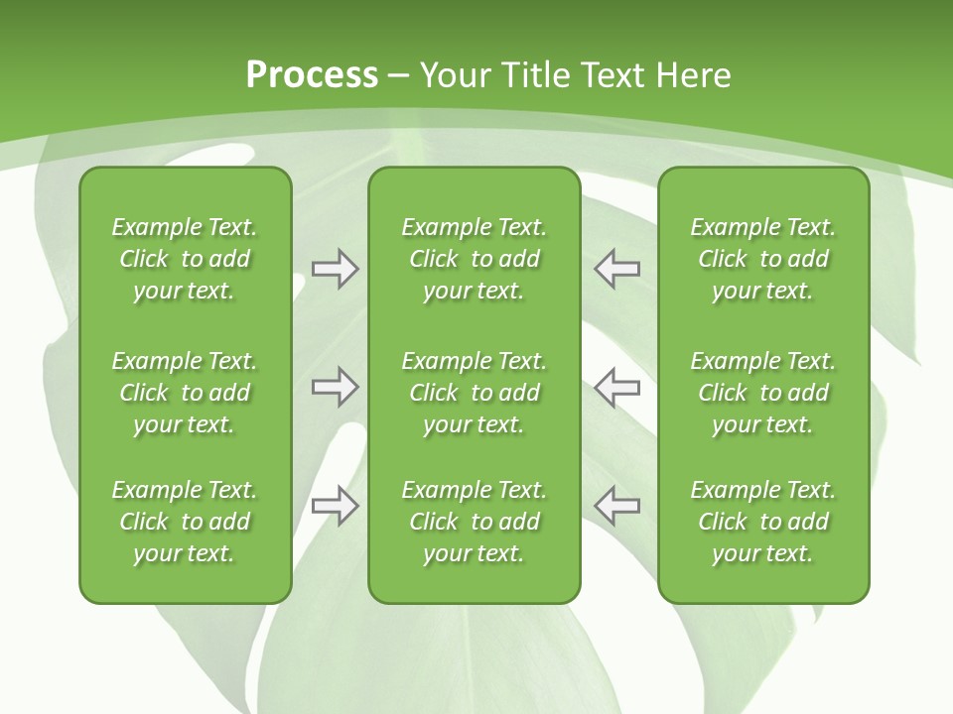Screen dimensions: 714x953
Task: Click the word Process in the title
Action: point(312,75)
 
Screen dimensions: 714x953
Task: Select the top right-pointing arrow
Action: point(335,269)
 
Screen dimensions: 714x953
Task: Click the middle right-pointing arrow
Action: point(335,387)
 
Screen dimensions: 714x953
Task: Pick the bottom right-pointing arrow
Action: point(335,506)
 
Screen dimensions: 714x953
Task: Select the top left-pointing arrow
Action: point(617,269)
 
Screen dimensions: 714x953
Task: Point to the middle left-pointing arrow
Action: point(617,387)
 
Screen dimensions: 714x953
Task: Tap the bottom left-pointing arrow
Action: point(617,506)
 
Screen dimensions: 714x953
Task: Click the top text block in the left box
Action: point(185,259)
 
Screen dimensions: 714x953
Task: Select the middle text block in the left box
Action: point(185,393)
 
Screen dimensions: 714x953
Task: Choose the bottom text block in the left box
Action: point(185,522)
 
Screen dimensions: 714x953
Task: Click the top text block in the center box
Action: point(474,259)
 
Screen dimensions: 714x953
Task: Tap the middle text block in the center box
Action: point(474,393)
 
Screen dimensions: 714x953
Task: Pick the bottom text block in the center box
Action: point(474,522)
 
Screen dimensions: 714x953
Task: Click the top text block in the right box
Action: point(763,259)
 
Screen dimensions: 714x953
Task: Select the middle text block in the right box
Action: point(763,393)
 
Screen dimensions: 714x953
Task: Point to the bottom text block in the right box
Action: point(763,522)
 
